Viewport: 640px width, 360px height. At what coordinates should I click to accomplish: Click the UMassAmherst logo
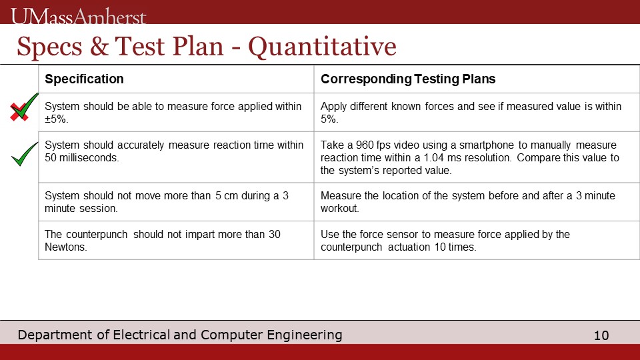pyautogui.click(x=79, y=16)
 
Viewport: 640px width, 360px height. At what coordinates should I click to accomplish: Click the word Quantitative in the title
pyautogui.click(x=322, y=47)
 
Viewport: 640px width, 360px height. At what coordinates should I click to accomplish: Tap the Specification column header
pyautogui.click(x=84, y=79)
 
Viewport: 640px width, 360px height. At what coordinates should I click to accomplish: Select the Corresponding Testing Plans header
pyautogui.click(x=408, y=79)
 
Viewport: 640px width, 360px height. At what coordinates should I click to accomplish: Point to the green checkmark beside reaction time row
pyautogui.click(x=25, y=154)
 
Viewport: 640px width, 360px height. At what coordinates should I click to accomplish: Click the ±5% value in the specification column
pyautogui.click(x=55, y=119)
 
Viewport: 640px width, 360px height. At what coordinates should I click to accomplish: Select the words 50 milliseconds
pyautogui.click(x=81, y=157)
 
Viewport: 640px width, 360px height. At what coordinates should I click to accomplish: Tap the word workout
pyautogui.click(x=339, y=208)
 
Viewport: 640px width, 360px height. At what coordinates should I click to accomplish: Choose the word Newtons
pyautogui.click(x=65, y=247)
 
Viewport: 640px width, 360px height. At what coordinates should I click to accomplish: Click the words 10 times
pyautogui.click(x=455, y=247)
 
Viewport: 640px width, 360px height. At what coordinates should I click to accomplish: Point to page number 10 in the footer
pyautogui.click(x=601, y=335)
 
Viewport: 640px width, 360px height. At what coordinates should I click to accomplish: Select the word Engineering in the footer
pyautogui.click(x=305, y=335)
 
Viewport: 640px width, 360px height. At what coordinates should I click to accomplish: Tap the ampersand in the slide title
pyautogui.click(x=99, y=46)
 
